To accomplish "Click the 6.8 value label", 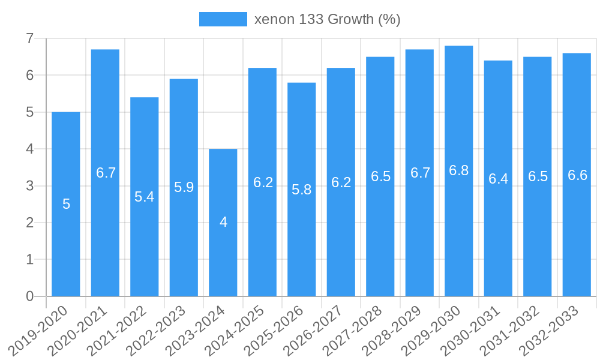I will [459, 170].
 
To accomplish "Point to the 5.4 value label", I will [145, 197].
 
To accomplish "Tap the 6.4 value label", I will [498, 179].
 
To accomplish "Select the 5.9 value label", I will [184, 187].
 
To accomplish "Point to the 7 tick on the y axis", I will [29, 39].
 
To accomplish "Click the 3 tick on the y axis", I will [29, 186].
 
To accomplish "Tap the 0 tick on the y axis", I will [29, 296].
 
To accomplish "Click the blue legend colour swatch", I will [223, 19].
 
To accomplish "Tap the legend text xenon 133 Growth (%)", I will [327, 19].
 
